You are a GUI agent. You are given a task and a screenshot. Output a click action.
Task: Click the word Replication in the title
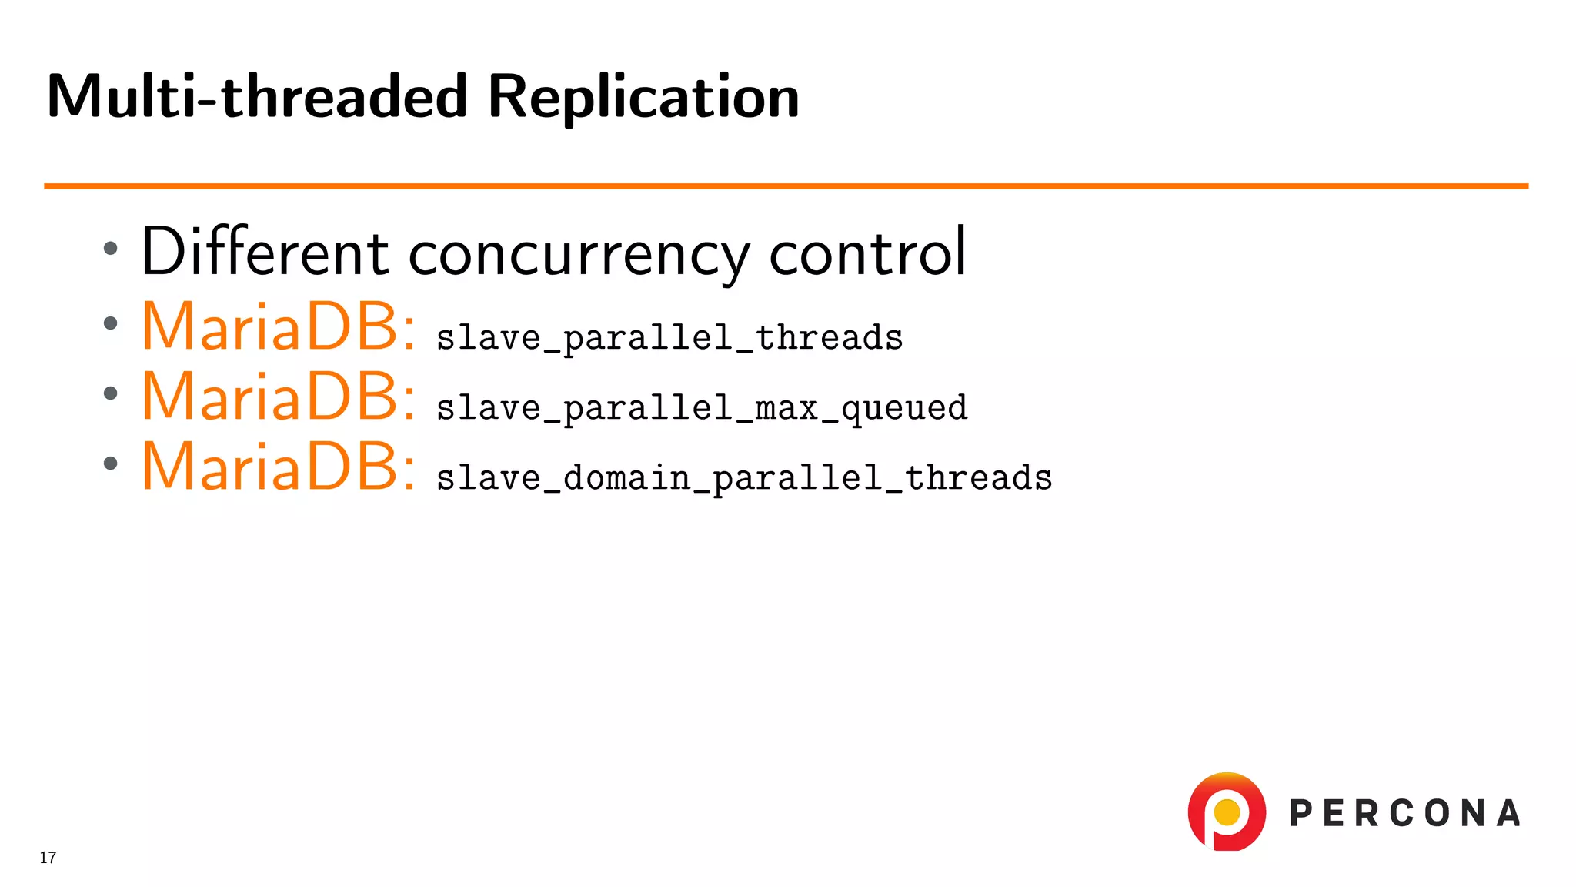click(x=643, y=97)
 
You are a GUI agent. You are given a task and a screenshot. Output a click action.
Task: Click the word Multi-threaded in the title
click(x=257, y=97)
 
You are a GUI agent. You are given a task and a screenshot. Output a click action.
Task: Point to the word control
click(x=867, y=253)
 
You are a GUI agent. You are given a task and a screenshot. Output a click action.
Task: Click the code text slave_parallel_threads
click(x=669, y=339)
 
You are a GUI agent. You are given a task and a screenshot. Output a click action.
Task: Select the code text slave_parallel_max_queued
click(x=702, y=408)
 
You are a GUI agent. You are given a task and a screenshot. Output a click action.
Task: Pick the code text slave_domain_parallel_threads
click(x=744, y=478)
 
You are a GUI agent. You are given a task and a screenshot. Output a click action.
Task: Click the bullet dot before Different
click(x=111, y=248)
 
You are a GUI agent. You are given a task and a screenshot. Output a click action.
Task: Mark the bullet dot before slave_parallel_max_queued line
click(x=111, y=393)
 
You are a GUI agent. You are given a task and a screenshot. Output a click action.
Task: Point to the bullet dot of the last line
click(x=111, y=464)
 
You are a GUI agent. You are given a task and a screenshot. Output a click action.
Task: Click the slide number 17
click(x=48, y=858)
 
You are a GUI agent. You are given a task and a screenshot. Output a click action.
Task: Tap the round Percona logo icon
click(x=1227, y=812)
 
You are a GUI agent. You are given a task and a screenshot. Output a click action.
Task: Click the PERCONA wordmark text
click(x=1405, y=814)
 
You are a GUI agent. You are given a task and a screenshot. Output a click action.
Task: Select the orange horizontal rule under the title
click(x=785, y=186)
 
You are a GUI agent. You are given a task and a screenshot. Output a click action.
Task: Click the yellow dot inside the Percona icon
click(x=1227, y=812)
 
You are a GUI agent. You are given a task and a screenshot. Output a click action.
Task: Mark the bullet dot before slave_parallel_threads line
click(x=111, y=323)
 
